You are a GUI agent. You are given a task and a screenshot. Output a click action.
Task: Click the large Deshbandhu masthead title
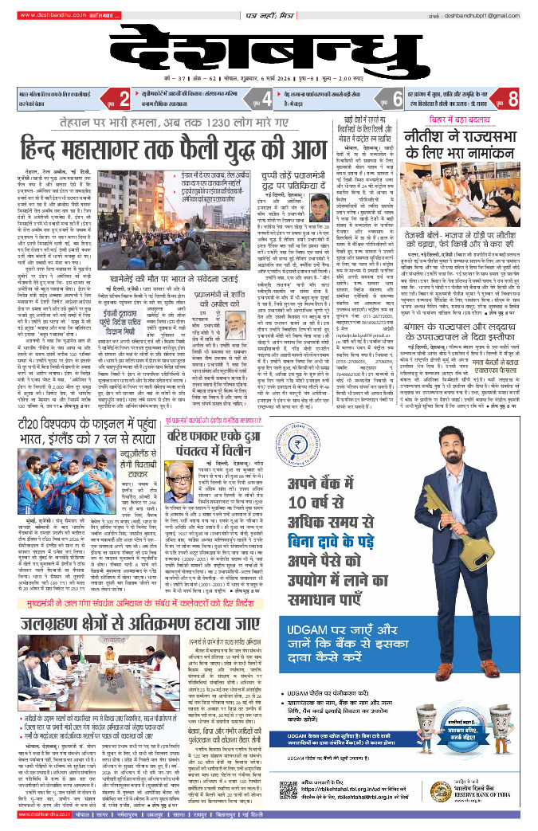point(268,49)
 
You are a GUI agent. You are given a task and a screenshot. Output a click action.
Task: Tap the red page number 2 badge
point(124,100)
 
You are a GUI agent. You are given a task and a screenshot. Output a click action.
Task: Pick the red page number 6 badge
point(395,100)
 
